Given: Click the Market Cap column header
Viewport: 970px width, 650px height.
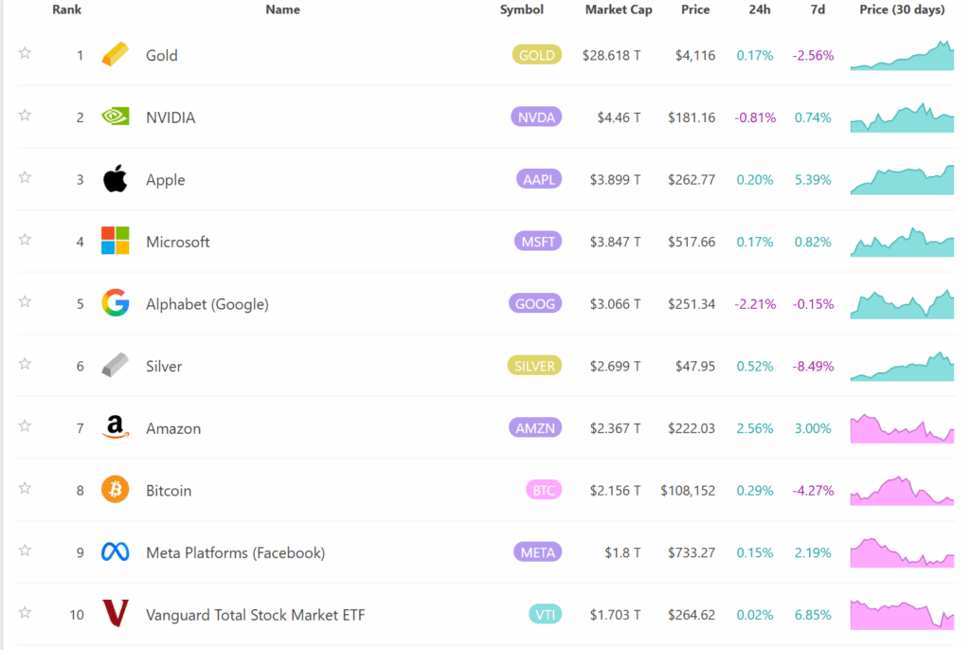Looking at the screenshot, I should point(619,9).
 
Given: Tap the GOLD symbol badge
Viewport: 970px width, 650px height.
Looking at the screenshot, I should point(537,55).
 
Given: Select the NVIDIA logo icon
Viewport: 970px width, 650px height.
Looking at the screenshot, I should point(115,117).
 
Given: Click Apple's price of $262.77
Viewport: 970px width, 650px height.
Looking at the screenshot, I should point(692,180).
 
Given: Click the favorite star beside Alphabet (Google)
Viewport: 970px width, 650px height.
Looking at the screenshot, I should point(25,301).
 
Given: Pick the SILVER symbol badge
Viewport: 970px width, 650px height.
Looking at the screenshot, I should point(535,366).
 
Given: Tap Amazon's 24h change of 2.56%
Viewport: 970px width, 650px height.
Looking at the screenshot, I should point(755,428).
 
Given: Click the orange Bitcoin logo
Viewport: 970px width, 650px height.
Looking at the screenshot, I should point(115,490).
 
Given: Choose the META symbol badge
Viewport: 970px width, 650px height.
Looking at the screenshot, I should point(537,552).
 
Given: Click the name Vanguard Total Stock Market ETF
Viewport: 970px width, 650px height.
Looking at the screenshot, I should point(255,615).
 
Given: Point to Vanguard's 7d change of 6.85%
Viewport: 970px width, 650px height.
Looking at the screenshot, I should point(813,615).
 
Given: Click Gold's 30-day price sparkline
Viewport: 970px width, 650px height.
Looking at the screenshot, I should point(902,56).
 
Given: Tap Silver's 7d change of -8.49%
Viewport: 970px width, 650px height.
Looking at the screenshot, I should point(813,366).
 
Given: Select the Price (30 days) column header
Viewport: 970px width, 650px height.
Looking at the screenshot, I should point(902,9).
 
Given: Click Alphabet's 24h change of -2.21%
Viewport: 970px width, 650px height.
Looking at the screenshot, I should point(755,304).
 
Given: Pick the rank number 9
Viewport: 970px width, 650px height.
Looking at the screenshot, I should point(81,552).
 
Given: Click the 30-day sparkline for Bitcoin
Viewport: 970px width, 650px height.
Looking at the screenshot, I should point(902,491).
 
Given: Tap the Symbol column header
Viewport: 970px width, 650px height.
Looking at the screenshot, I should point(522,9).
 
